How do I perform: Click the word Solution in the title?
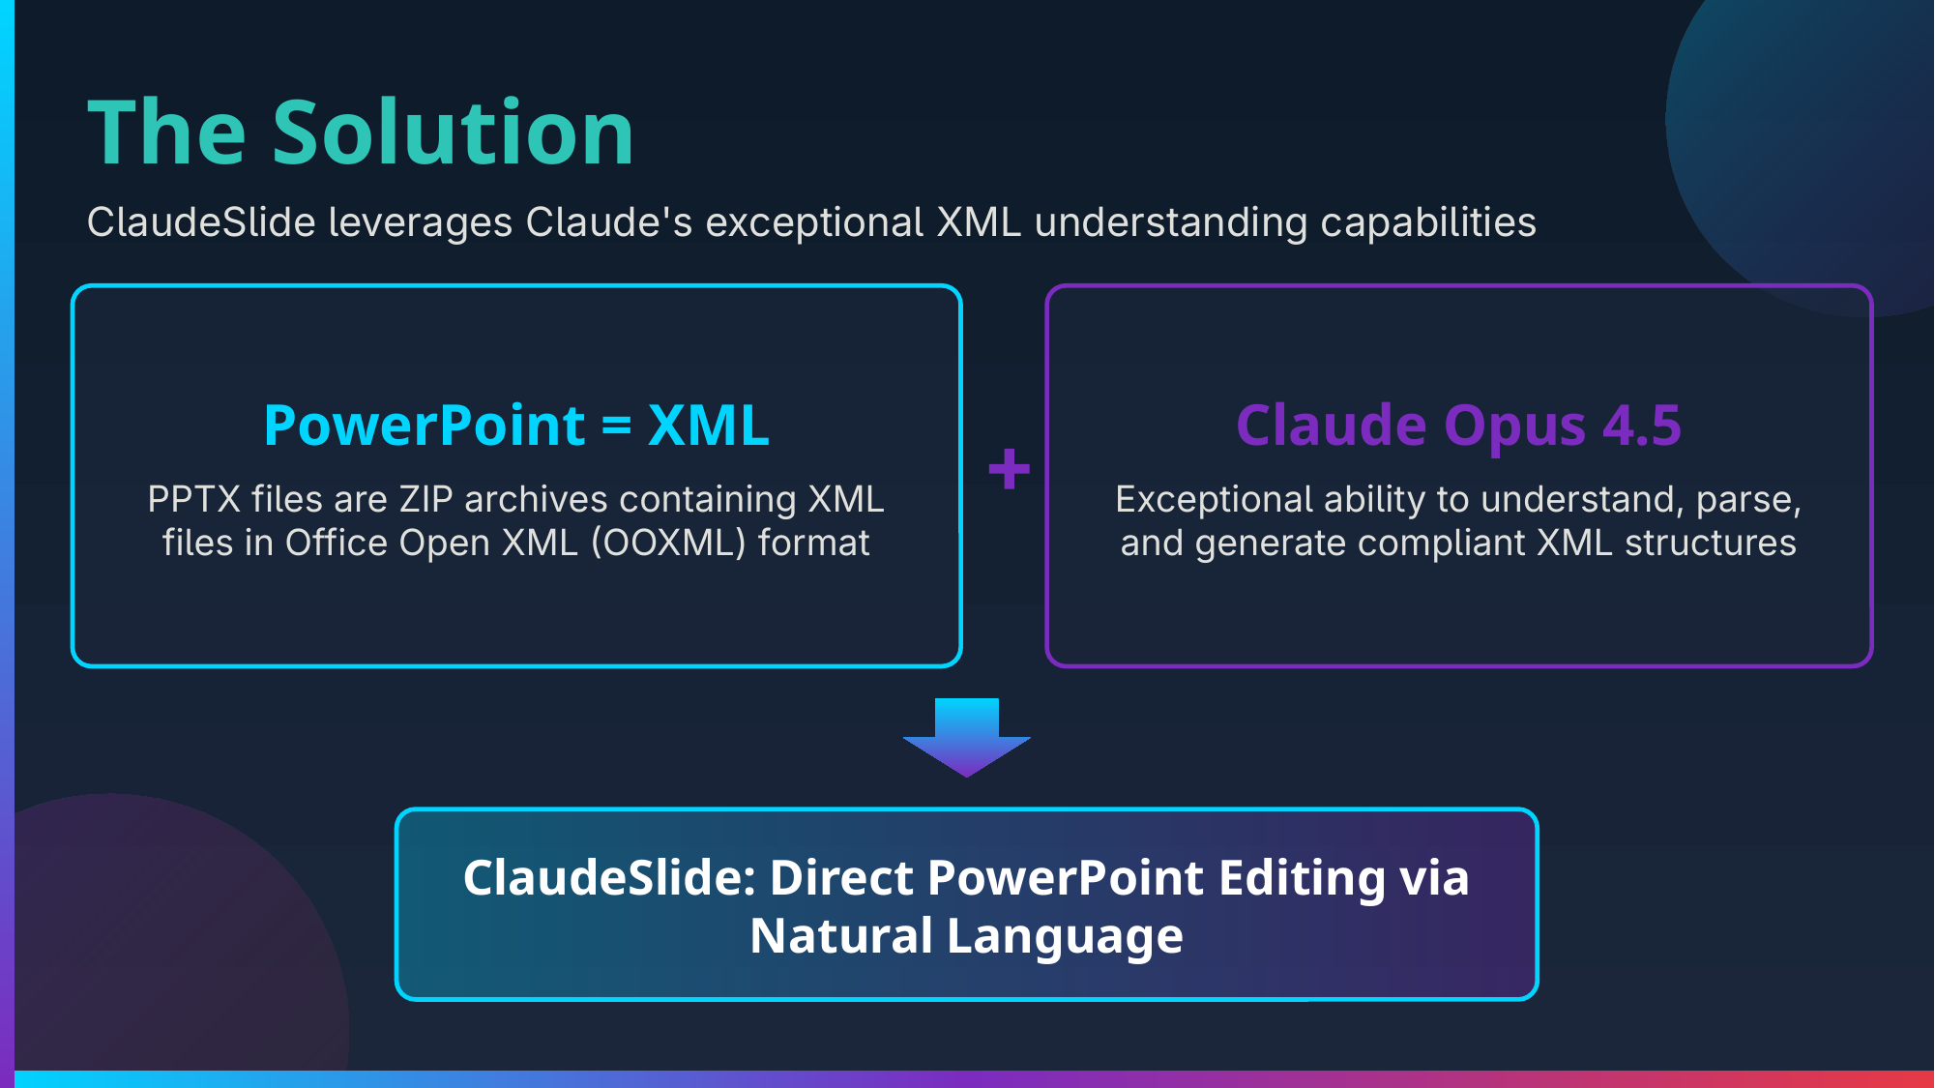tap(453, 133)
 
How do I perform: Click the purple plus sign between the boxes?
tap(1009, 469)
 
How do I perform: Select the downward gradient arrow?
tap(966, 737)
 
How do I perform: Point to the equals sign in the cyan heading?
tap(616, 426)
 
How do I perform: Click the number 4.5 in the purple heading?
tap(1642, 426)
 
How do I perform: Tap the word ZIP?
tap(425, 500)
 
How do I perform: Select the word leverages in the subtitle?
tap(421, 223)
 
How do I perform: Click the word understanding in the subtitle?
tap(1171, 223)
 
